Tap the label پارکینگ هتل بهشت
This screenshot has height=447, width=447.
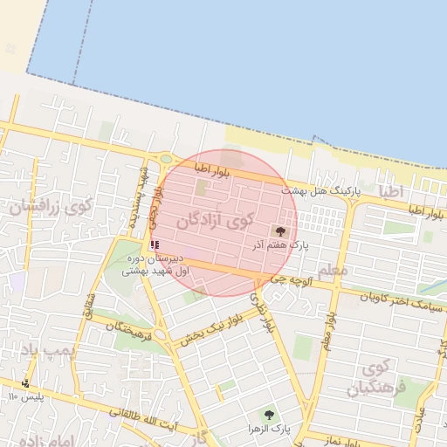click(320, 190)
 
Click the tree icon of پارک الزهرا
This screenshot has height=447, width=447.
click(269, 415)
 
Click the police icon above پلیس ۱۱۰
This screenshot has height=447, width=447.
click(26, 383)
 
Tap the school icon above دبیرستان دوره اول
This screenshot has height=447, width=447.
click(155, 245)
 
